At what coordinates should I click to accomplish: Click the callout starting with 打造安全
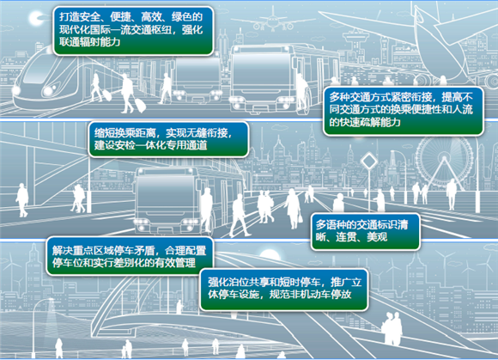tap(133, 31)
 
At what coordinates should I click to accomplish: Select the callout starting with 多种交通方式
tap(403, 111)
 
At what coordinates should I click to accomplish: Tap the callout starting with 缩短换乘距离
tap(168, 139)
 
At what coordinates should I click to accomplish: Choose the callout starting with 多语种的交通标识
tap(365, 232)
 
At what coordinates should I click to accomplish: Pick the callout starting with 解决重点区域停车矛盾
tap(130, 256)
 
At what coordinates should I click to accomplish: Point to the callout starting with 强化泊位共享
tap(284, 290)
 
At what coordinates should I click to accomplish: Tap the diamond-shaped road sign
tap(369, 162)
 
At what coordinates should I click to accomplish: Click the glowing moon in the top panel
tap(35, 18)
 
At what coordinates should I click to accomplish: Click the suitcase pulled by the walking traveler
tap(140, 105)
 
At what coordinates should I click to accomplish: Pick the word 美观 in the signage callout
tap(377, 237)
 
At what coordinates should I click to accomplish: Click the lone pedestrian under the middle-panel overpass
tap(22, 200)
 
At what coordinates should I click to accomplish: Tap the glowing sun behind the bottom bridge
tap(270, 255)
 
